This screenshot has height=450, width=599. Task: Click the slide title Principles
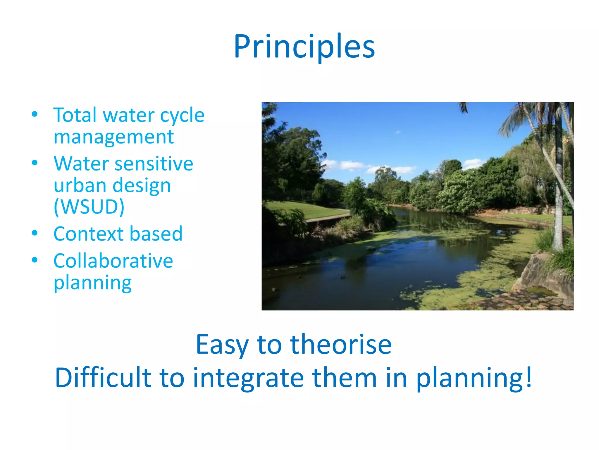[304, 47]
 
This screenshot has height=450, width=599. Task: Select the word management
[113, 137]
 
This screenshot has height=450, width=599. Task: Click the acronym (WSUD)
[89, 207]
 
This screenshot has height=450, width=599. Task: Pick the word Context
[88, 234]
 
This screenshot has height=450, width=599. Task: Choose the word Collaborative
[113, 261]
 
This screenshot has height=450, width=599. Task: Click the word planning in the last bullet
[92, 283]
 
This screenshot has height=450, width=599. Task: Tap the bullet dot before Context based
[35, 233]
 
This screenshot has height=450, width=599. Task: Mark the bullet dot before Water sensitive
[35, 163]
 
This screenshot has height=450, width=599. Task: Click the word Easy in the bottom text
[222, 345]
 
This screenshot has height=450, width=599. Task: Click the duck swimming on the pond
[342, 276]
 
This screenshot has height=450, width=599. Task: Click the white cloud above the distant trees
[351, 166]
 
